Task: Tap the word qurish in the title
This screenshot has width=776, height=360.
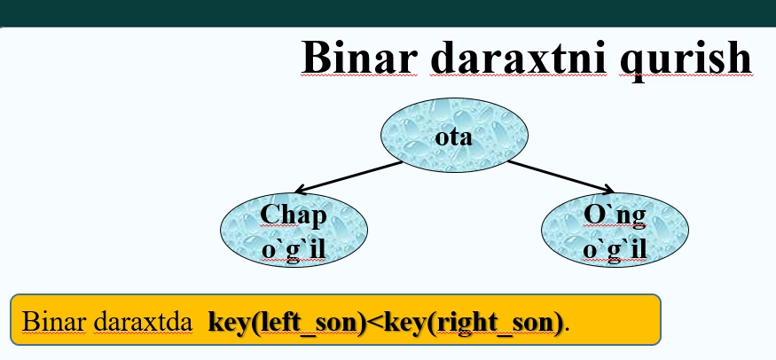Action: tap(688, 59)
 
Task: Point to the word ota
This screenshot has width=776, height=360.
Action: tap(454, 138)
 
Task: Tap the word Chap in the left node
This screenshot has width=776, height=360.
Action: tap(294, 215)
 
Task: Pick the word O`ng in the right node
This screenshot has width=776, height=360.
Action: tap(615, 215)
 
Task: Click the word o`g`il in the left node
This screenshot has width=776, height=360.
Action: tap(294, 249)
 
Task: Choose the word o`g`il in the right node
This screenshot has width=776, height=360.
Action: tap(615, 249)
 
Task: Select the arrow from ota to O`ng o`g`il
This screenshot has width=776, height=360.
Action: tap(559, 176)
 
